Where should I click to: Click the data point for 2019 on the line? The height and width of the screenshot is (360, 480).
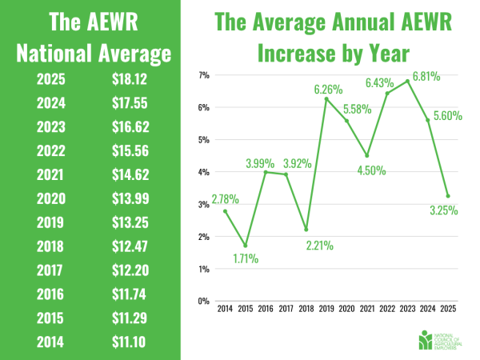tap(326, 98)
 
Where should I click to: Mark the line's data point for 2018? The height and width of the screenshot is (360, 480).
tap(306, 230)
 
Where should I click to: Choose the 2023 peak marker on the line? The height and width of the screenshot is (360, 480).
tap(408, 81)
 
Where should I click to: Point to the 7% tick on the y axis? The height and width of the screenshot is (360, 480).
tap(202, 75)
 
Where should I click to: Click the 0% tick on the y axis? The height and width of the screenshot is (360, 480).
tap(202, 302)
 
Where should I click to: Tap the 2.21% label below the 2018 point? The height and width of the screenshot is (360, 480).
tap(306, 244)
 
